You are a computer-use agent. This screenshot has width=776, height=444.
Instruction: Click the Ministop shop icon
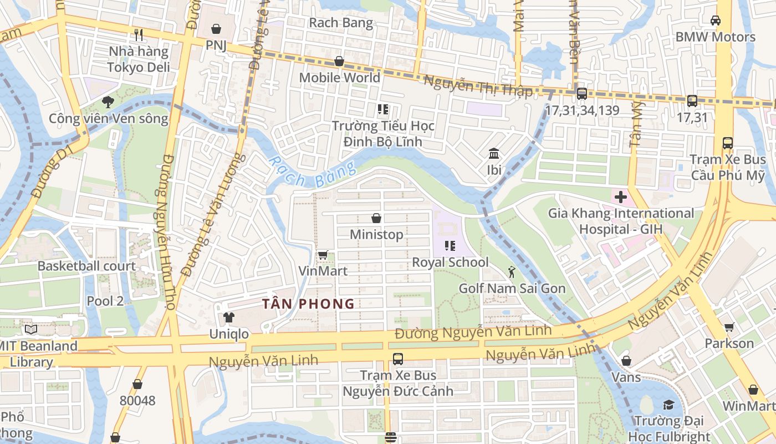pyautogui.click(x=376, y=218)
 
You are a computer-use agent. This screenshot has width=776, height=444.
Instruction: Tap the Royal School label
pyautogui.click(x=450, y=262)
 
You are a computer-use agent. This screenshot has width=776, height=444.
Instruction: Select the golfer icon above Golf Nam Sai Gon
pyautogui.click(x=512, y=272)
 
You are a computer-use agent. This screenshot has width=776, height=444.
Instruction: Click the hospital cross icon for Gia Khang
pyautogui.click(x=620, y=196)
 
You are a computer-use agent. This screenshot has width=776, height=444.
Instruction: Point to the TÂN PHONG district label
pyautogui.click(x=308, y=304)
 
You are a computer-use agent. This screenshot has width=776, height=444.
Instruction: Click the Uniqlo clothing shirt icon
pyautogui.click(x=228, y=317)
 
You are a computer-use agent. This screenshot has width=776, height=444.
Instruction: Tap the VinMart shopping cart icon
pyautogui.click(x=323, y=255)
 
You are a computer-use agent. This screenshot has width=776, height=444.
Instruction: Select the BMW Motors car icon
pyautogui.click(x=715, y=21)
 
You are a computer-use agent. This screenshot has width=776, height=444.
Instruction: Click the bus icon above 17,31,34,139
pyautogui.click(x=581, y=94)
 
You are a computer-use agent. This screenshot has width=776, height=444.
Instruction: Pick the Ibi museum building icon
pyautogui.click(x=493, y=153)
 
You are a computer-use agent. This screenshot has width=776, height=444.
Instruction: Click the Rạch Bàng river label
pyautogui.click(x=311, y=172)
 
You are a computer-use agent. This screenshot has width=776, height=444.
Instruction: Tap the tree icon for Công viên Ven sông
pyautogui.click(x=108, y=102)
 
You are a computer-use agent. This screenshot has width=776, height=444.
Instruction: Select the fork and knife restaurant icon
pyautogui.click(x=139, y=35)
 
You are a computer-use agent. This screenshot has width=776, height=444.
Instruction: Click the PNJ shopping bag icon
pyautogui.click(x=216, y=28)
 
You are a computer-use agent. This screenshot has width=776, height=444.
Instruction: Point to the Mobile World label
pyautogui.click(x=339, y=77)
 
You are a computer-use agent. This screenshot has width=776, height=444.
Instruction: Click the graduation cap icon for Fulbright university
pyautogui.click(x=668, y=404)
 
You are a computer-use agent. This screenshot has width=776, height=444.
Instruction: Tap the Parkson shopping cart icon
pyautogui.click(x=729, y=327)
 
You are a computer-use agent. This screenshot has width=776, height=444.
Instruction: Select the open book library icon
pyautogui.click(x=31, y=330)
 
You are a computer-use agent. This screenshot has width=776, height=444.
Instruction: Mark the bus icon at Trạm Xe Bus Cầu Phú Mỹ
pyautogui.click(x=727, y=143)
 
